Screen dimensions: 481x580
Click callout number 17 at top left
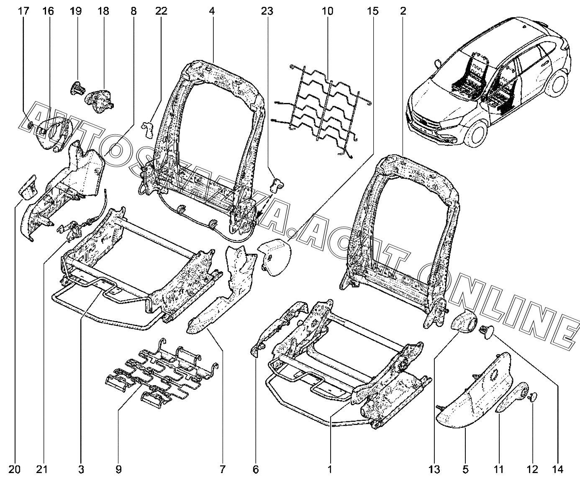[24, 11]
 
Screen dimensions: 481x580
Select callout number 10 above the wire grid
[328, 11]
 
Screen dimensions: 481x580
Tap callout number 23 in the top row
[267, 11]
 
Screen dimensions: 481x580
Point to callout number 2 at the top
[403, 11]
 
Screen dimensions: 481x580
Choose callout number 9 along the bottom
[118, 470]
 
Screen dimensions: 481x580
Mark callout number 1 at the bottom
[330, 470]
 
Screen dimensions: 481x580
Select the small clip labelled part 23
[277, 184]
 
